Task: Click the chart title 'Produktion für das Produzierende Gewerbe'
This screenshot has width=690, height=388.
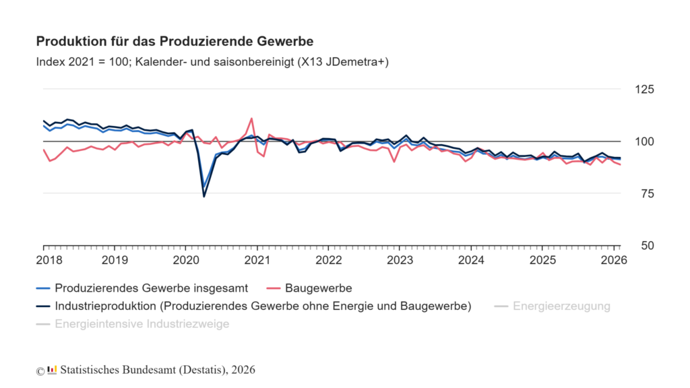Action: [174, 42]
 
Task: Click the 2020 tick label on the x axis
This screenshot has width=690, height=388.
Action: [185, 259]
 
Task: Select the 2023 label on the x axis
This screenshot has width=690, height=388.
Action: [400, 259]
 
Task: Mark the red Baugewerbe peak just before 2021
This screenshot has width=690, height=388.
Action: [251, 119]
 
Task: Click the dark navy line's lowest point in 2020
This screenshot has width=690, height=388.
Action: [204, 196]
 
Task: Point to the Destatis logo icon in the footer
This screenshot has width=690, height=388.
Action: [52, 370]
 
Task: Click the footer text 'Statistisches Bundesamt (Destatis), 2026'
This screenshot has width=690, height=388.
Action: [158, 370]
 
